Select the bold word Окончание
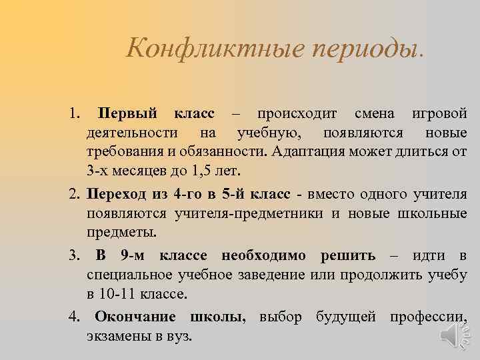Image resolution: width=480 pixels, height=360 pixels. coord(135,317)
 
